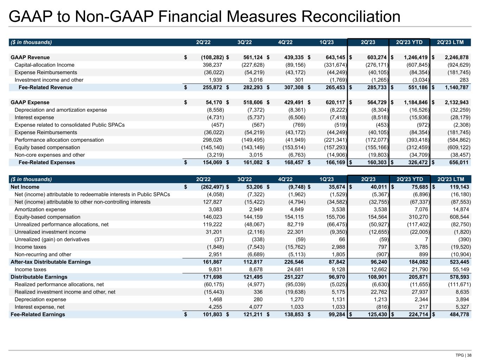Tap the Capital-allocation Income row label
point(44,65)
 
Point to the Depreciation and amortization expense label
point(60,110)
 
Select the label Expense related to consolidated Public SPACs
point(69,125)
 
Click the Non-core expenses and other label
point(50,155)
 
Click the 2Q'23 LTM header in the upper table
point(450,42)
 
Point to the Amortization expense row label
point(40,210)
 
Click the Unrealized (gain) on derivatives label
point(52,239)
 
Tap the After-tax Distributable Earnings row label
point(51,262)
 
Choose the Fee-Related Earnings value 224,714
point(417,314)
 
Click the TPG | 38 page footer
point(463,355)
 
